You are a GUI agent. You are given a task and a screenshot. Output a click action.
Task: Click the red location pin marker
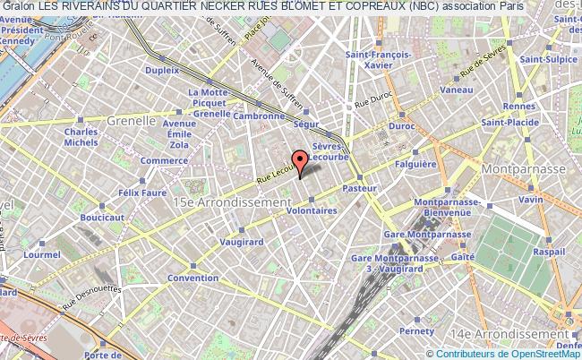pyautogui.click(x=301, y=159)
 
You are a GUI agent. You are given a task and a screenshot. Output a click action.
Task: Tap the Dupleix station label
pyautogui.click(x=163, y=68)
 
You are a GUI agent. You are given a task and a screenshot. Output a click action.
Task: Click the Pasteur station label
pyautogui.click(x=358, y=189)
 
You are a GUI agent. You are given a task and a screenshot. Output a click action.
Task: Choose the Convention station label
pyautogui.click(x=193, y=278)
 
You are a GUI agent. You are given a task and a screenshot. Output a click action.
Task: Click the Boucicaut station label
pyautogui.click(x=101, y=217)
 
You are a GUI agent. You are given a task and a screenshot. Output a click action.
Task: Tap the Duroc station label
pyautogui.click(x=401, y=126)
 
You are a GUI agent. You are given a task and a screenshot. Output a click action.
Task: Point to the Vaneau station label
pyautogui.click(x=457, y=90)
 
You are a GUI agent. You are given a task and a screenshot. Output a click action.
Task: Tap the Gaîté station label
pyautogui.click(x=463, y=256)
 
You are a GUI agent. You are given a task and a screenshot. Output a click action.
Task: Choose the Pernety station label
pyautogui.click(x=415, y=330)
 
